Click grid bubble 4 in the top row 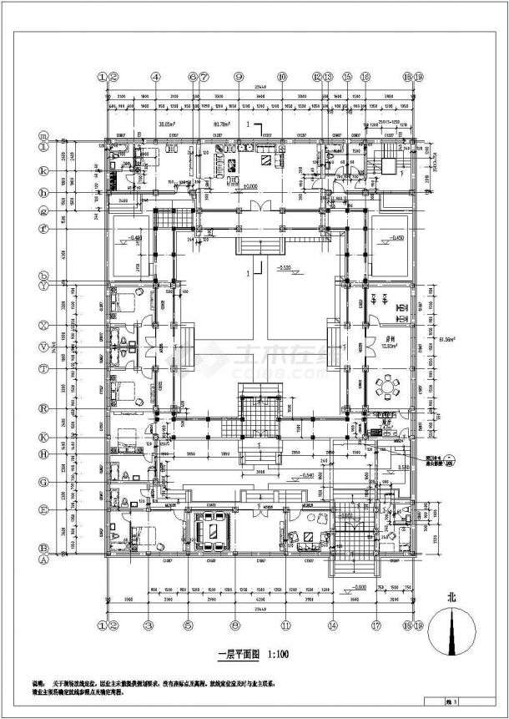click(x=155, y=76)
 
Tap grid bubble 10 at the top click(x=282, y=76)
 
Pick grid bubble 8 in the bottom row click(x=236, y=624)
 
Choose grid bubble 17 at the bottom click(x=376, y=624)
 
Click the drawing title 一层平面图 click(x=230, y=657)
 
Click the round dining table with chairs click(x=387, y=387)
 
